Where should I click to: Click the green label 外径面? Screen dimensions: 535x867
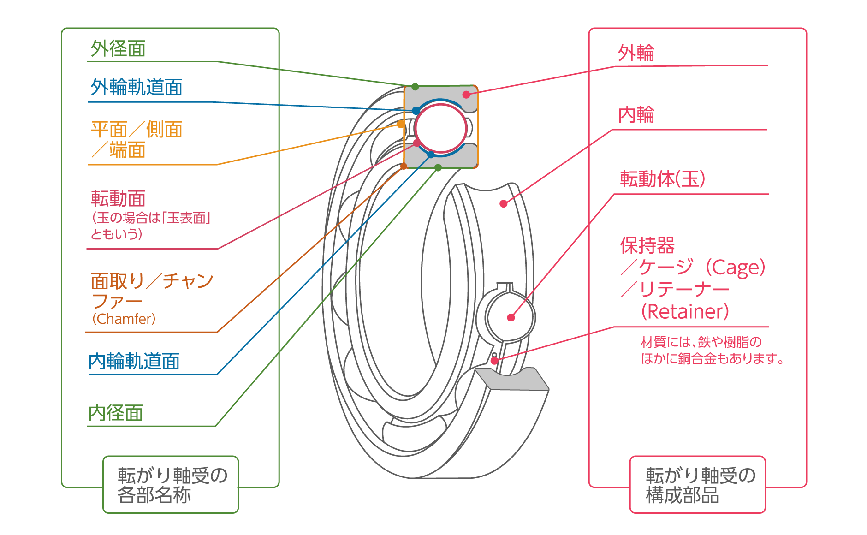[x=118, y=48]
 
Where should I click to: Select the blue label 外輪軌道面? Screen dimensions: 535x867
[x=137, y=87]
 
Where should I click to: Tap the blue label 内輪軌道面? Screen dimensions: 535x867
[x=134, y=361]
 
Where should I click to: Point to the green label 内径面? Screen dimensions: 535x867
[x=115, y=413]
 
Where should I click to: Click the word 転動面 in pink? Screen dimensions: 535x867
[x=118, y=198]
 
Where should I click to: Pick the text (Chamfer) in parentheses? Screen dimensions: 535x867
[x=124, y=319]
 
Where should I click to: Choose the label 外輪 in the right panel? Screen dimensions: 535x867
[x=636, y=53]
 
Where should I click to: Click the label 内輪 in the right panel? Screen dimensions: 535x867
[x=636, y=115]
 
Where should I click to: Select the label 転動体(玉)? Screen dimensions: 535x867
[x=662, y=179]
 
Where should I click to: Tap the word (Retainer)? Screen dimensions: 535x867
[x=685, y=311]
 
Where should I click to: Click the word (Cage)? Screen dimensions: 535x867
[x=736, y=267]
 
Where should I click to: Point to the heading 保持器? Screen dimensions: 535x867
[x=647, y=245]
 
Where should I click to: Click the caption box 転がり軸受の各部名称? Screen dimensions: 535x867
[x=171, y=484]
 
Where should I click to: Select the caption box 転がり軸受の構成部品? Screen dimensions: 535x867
[x=697, y=484]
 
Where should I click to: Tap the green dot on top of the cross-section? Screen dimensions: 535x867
[x=415, y=87]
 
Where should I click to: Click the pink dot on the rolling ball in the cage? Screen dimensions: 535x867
[x=511, y=317]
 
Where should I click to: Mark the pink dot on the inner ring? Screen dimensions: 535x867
[x=503, y=203]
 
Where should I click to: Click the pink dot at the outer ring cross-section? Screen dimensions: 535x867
[x=466, y=95]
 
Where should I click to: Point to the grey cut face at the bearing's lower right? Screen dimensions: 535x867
[x=512, y=380]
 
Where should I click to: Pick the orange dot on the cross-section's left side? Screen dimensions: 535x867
[x=400, y=124]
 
